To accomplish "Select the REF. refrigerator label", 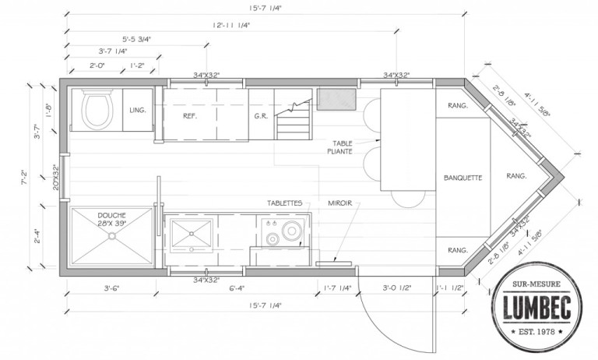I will pyautogui.click(x=189, y=116).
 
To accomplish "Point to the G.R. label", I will pyautogui.click(x=260, y=116).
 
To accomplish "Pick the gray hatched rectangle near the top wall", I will pyautogui.click(x=336, y=99).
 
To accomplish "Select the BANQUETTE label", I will pyautogui.click(x=463, y=178).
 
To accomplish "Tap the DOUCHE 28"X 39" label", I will pyautogui.click(x=112, y=219).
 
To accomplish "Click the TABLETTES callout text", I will pyautogui.click(x=286, y=202).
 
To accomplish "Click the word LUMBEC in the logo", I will pyautogui.click(x=535, y=308).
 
